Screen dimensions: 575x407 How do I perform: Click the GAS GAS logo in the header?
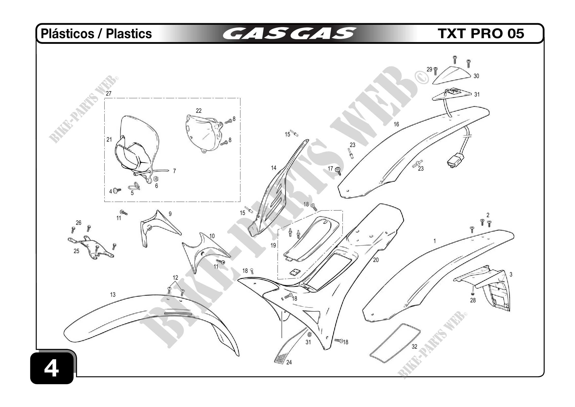pyautogui.click(x=290, y=33)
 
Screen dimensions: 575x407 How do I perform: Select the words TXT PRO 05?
pyautogui.click(x=481, y=33)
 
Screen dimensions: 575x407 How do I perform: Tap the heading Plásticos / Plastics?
pyautogui.click(x=96, y=33)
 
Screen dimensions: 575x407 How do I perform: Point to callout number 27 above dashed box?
pyautogui.click(x=109, y=94)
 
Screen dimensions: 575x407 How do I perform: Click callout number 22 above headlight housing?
pyautogui.click(x=199, y=111)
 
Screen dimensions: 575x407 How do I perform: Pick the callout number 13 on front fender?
pyautogui.click(x=113, y=295)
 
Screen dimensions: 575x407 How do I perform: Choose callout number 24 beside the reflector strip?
pyautogui.click(x=289, y=362)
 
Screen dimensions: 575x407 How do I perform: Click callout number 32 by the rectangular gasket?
pyautogui.click(x=415, y=347)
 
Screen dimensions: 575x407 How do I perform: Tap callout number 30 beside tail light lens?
pyautogui.click(x=476, y=76)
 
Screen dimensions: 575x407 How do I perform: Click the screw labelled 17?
pyautogui.click(x=338, y=171)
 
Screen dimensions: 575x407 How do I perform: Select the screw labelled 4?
pyautogui.click(x=117, y=191)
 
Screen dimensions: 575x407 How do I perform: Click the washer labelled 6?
pyautogui.click(x=155, y=179)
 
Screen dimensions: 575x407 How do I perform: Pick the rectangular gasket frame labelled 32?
pyautogui.click(x=395, y=343)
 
